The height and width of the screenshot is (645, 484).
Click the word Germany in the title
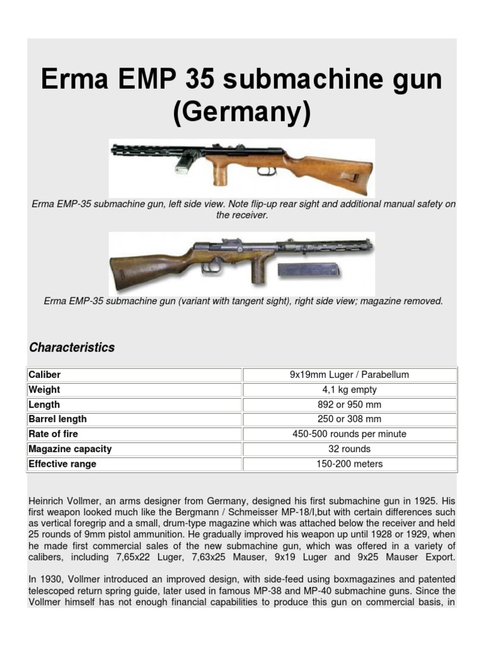point(242,114)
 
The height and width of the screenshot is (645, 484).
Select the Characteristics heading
point(72,348)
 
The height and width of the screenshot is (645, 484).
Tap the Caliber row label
point(45,375)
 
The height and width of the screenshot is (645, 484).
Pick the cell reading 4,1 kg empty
point(349,390)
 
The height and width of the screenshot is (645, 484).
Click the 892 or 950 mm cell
point(349,404)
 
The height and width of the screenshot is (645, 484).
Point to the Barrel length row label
point(58,420)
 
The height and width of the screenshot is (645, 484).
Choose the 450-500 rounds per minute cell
point(349,434)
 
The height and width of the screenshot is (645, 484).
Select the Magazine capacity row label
point(70,449)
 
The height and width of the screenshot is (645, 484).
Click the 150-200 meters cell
point(349,464)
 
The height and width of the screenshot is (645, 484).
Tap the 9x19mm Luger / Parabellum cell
point(349,375)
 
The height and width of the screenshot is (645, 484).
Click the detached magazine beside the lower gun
point(308,270)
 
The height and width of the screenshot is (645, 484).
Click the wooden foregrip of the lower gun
point(258,270)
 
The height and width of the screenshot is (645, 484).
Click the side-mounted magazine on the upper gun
point(185,164)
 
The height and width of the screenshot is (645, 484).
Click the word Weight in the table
point(44,390)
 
